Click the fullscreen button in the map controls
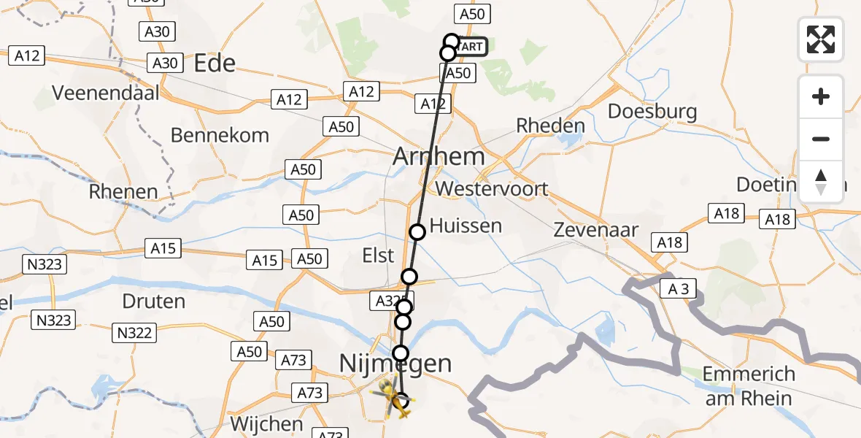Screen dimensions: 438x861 click(x=821, y=39)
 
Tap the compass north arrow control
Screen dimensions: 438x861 click(x=821, y=182)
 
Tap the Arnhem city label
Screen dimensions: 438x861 click(x=439, y=156)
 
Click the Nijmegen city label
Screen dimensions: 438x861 click(x=396, y=364)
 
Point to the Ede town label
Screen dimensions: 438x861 click(x=215, y=64)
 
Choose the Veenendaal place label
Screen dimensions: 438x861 click(x=105, y=94)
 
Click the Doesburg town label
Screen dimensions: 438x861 click(x=652, y=112)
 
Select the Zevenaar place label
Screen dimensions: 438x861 click(x=596, y=230)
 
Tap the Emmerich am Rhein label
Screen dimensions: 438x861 click(x=749, y=385)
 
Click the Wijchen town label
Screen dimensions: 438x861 click(x=266, y=424)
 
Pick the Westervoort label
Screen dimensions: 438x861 click(x=491, y=188)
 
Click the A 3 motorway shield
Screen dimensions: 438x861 click(x=679, y=289)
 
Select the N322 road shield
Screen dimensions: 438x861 click(x=135, y=334)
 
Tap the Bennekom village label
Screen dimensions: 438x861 click(x=220, y=135)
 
